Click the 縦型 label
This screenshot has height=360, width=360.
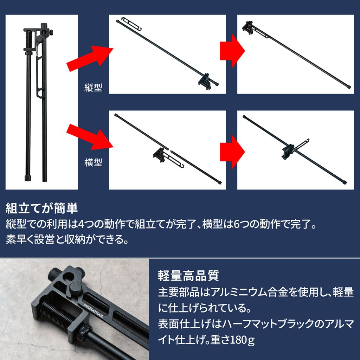tap(93, 87)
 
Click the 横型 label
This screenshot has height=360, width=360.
tap(93, 162)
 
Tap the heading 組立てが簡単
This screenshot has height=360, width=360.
tap(42, 208)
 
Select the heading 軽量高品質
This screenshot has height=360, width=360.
tap(188, 275)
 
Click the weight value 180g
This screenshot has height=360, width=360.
tap(243, 340)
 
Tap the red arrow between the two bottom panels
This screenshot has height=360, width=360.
tap(232, 149)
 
